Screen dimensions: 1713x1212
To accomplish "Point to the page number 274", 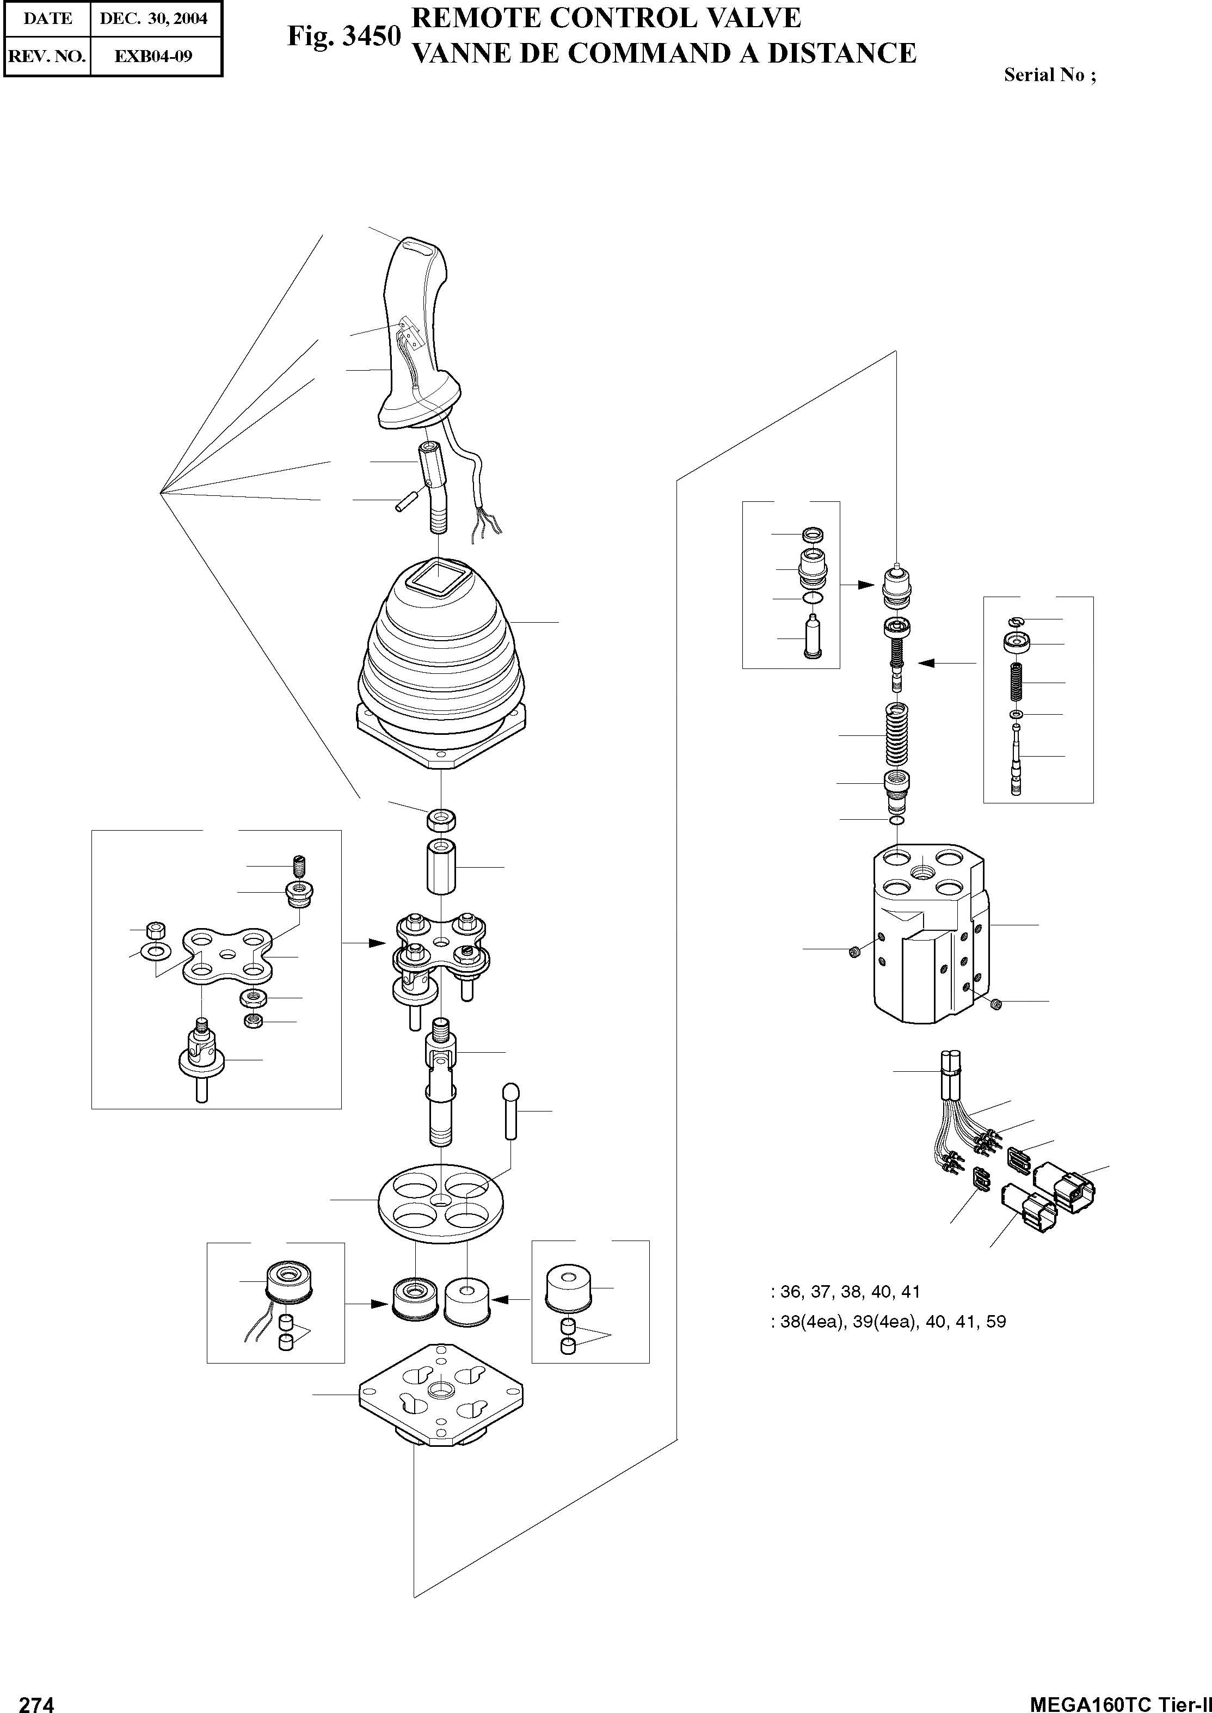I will coord(36,1701).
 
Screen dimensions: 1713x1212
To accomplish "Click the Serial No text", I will coord(1049,75).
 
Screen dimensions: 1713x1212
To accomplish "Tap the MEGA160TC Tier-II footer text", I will coord(1119,1701).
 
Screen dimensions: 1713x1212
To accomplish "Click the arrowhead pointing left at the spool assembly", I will coord(925,662).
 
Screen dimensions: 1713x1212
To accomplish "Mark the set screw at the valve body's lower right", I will coord(994,1005).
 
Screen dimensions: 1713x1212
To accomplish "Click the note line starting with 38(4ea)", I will coord(888,1322).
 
